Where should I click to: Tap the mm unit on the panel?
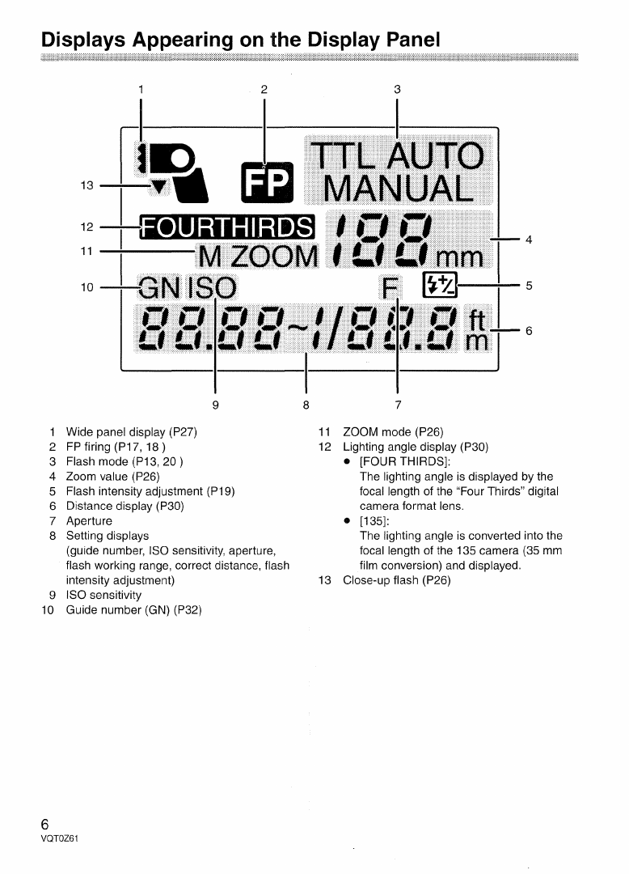[x=461, y=258]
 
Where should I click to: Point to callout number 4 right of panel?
[x=528, y=239]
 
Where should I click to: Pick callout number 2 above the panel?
[x=264, y=88]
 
